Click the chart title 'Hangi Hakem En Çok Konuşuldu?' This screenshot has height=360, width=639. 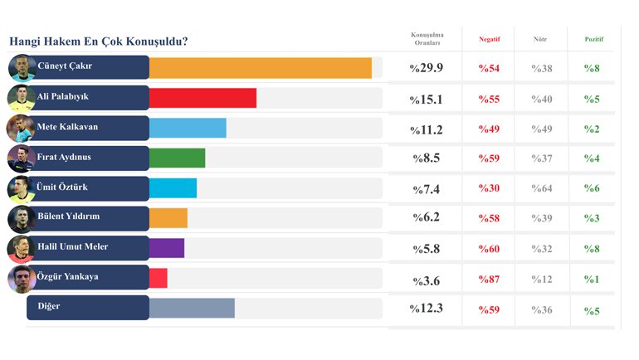pyautogui.click(x=98, y=41)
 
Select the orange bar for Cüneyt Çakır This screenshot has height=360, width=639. pyautogui.click(x=260, y=68)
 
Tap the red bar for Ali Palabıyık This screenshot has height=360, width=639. pyautogui.click(x=202, y=98)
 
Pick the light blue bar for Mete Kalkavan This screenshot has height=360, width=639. pyautogui.click(x=188, y=128)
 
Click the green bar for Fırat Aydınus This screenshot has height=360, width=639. pyautogui.click(x=177, y=158)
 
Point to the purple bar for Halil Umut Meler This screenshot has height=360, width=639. pyautogui.click(x=167, y=247)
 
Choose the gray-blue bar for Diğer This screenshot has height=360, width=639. pyautogui.click(x=192, y=308)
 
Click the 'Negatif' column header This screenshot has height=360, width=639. pyautogui.click(x=490, y=39)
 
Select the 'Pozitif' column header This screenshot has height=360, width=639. pyautogui.click(x=594, y=39)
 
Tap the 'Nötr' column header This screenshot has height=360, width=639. pyautogui.click(x=541, y=39)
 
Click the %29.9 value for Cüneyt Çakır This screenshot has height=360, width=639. pyautogui.click(x=427, y=68)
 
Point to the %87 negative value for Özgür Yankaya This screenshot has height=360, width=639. pyautogui.click(x=490, y=279)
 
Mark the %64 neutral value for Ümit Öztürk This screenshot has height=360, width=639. pyautogui.click(x=542, y=188)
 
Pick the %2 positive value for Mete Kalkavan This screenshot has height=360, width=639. pyautogui.click(x=592, y=129)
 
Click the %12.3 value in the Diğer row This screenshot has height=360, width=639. pyautogui.click(x=427, y=309)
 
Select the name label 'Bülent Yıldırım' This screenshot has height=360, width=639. pyautogui.click(x=68, y=216)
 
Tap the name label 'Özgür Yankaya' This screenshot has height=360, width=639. pyautogui.click(x=68, y=276)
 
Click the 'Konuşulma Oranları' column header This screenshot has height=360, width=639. pyautogui.click(x=427, y=39)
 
